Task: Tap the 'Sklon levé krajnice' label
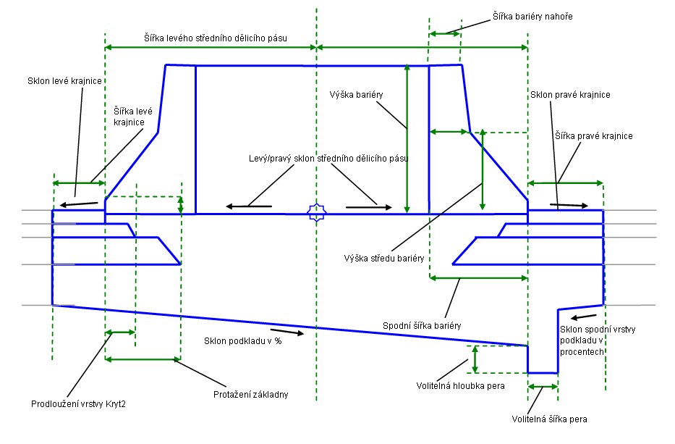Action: (x=59, y=80)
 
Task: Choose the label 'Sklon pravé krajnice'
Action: (x=570, y=95)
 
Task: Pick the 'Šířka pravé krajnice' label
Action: (x=594, y=135)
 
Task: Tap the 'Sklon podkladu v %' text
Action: (x=242, y=340)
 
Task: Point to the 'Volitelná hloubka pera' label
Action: (x=461, y=385)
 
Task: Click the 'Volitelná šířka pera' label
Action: (x=549, y=419)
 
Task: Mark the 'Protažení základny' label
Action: (x=251, y=394)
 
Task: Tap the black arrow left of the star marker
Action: (x=249, y=207)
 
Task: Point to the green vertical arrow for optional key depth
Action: (x=475, y=358)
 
